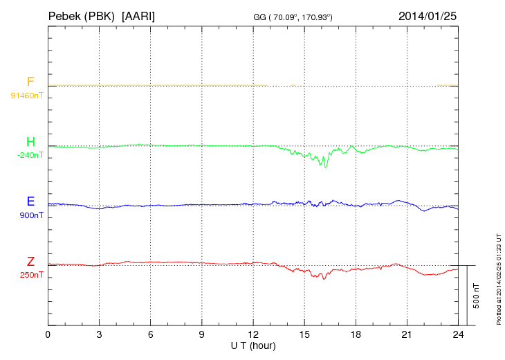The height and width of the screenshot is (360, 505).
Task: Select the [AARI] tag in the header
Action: (138, 15)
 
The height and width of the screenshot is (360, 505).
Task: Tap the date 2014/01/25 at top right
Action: (427, 15)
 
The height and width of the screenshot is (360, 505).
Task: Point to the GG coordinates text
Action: (293, 17)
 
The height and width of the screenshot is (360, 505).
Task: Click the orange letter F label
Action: (30, 82)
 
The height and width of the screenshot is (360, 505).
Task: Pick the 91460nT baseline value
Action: (26, 96)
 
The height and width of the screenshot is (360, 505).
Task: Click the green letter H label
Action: (30, 142)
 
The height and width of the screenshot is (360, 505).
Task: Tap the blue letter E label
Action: (30, 201)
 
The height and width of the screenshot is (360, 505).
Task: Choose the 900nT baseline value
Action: (32, 215)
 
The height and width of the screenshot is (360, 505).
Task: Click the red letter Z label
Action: (30, 262)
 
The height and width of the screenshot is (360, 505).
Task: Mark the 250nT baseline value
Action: (32, 275)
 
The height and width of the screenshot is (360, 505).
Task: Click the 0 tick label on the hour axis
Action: (48, 334)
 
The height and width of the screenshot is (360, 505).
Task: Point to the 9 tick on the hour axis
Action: (201, 334)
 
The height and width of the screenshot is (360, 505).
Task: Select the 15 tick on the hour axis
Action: (304, 334)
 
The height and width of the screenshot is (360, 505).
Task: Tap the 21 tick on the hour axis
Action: (406, 334)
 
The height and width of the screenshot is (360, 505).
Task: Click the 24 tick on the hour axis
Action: (457, 334)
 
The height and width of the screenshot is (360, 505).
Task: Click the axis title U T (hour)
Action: (252, 345)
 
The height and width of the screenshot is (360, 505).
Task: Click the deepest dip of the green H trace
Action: (322, 167)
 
